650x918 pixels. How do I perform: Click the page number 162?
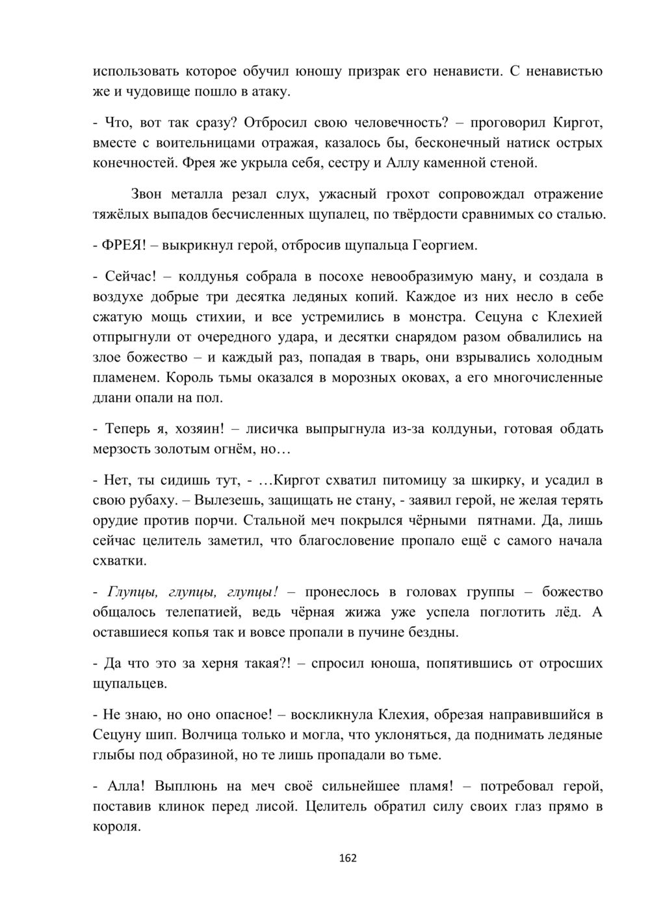pos(348,858)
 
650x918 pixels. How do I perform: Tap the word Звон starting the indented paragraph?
pos(150,193)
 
